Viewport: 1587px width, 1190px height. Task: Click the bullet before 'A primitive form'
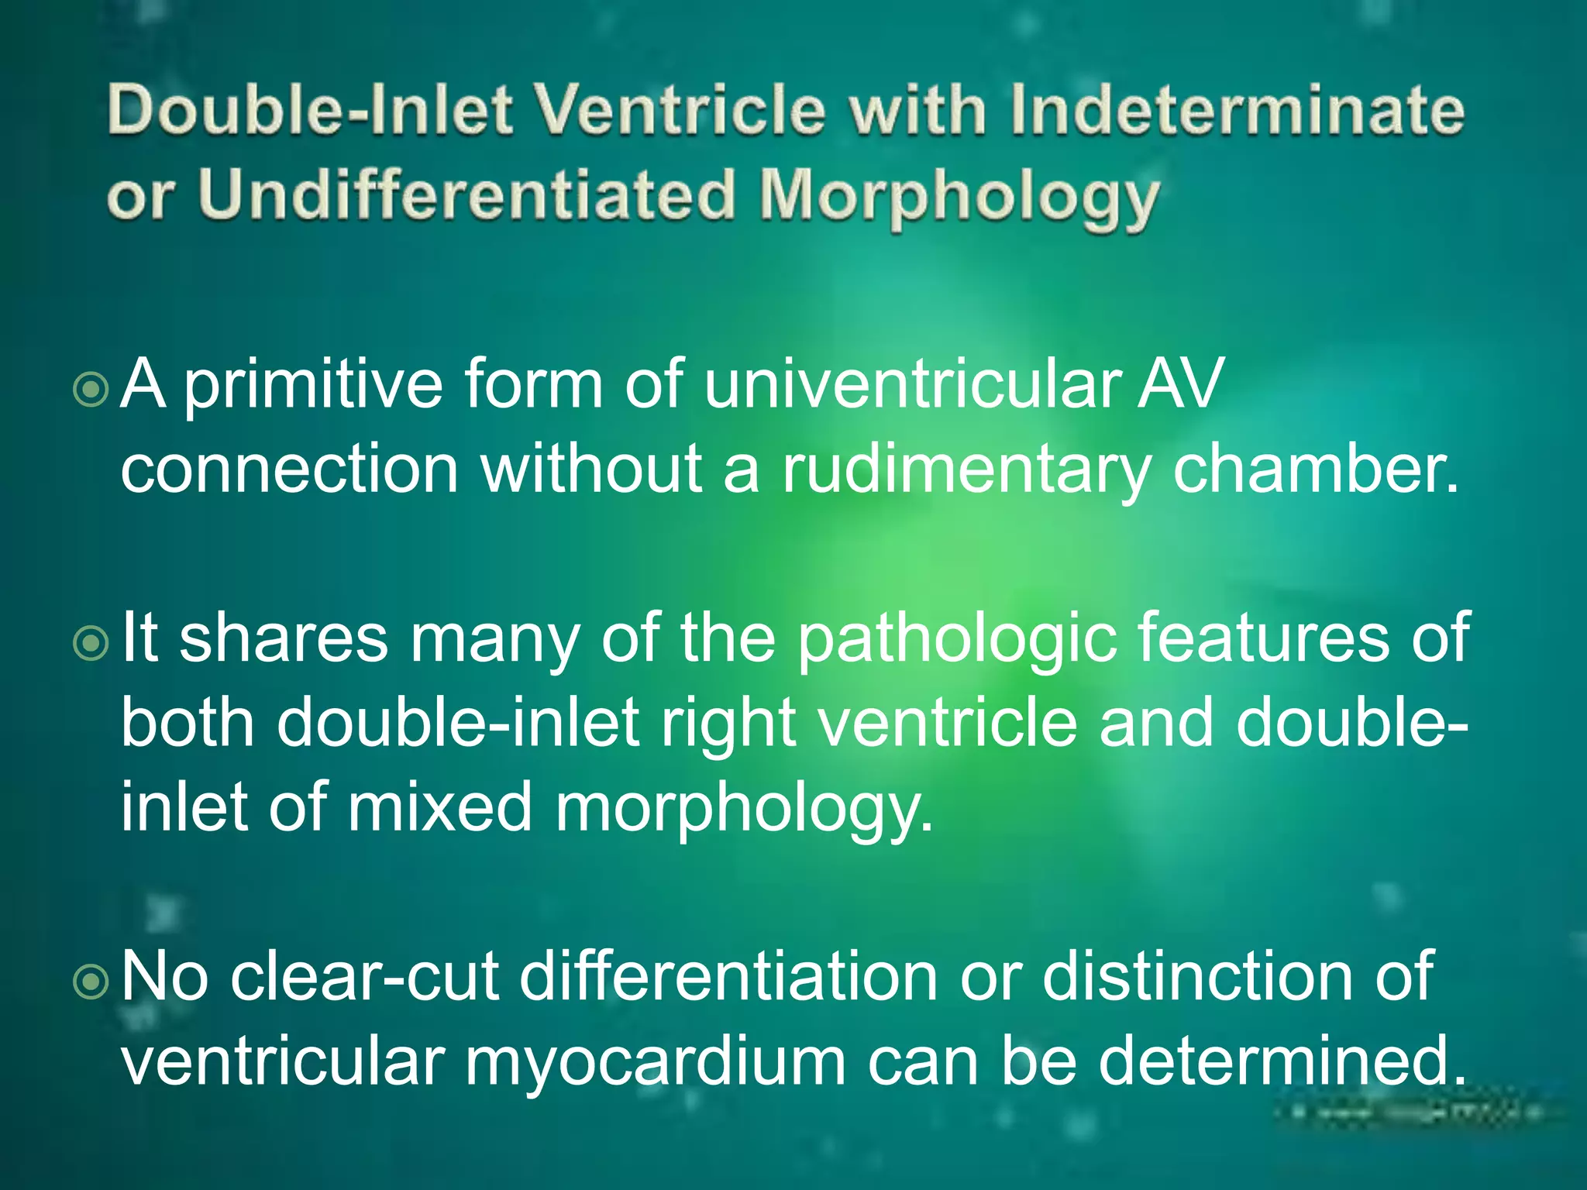point(91,390)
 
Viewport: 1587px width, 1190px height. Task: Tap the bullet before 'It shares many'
point(91,643)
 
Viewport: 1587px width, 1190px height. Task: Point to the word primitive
point(312,385)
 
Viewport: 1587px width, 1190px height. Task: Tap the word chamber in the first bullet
point(1314,469)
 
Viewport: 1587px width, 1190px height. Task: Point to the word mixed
point(439,807)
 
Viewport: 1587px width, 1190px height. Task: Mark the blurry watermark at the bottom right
point(1410,1113)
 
